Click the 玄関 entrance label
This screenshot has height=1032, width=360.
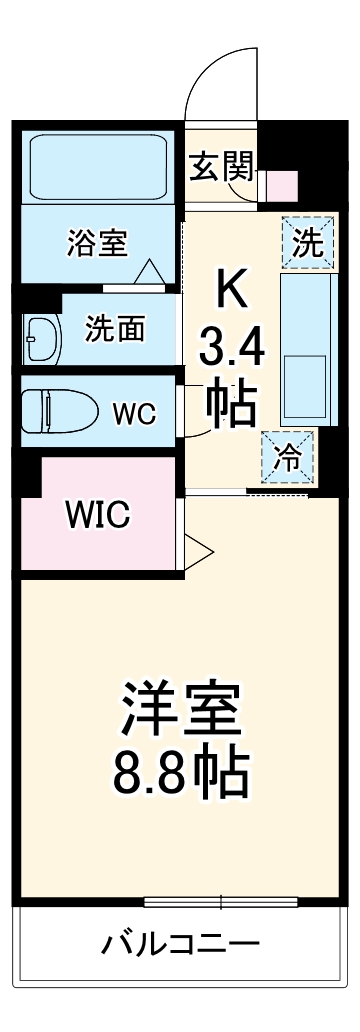pos(223,166)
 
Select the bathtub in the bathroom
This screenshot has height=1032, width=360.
pos(98,166)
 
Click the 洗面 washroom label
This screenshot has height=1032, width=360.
pos(116,327)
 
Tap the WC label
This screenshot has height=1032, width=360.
pos(133,414)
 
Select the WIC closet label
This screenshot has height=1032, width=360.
pos(97,514)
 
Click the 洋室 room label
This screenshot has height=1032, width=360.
pos(181,711)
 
